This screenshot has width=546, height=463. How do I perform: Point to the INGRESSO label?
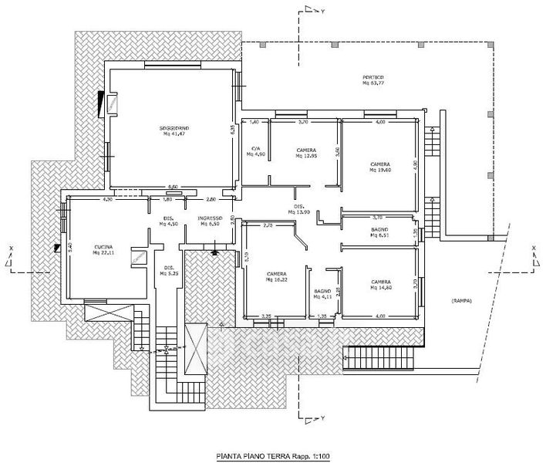click(x=210, y=218)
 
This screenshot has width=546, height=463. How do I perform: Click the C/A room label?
click(x=255, y=148)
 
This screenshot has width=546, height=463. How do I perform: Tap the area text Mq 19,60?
click(x=380, y=171)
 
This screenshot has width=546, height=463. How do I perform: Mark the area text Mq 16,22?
click(x=277, y=280)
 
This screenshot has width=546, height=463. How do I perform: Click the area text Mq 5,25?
click(x=169, y=274)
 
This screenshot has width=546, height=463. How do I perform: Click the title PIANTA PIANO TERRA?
click(x=249, y=457)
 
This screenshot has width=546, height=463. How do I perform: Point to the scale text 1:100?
click(x=315, y=457)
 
